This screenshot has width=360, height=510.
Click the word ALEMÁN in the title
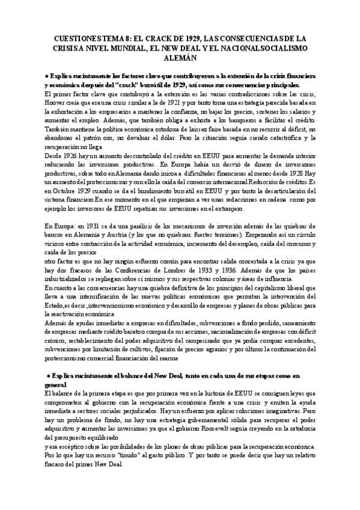[180, 59]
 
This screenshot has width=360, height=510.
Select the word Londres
[161, 270]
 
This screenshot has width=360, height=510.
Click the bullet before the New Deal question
[47, 375]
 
